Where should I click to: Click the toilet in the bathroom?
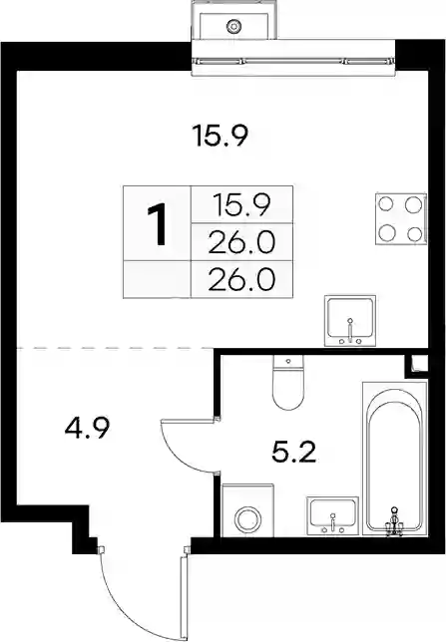pos(288,383)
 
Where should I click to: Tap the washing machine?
pos(247,510)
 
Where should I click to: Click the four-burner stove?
pos(400,218)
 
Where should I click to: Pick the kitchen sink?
pos(349,321)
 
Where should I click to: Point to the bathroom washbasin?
pos(332,516)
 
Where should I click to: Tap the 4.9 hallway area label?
pos(87,429)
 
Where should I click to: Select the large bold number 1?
pos(157,225)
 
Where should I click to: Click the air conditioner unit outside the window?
pos(234,20)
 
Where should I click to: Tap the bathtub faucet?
pos(394,521)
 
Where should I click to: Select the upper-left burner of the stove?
pos(386,203)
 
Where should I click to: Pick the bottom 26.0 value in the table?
pos(241,280)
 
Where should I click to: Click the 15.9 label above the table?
pos(221,136)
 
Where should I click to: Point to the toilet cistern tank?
pos(288,362)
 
